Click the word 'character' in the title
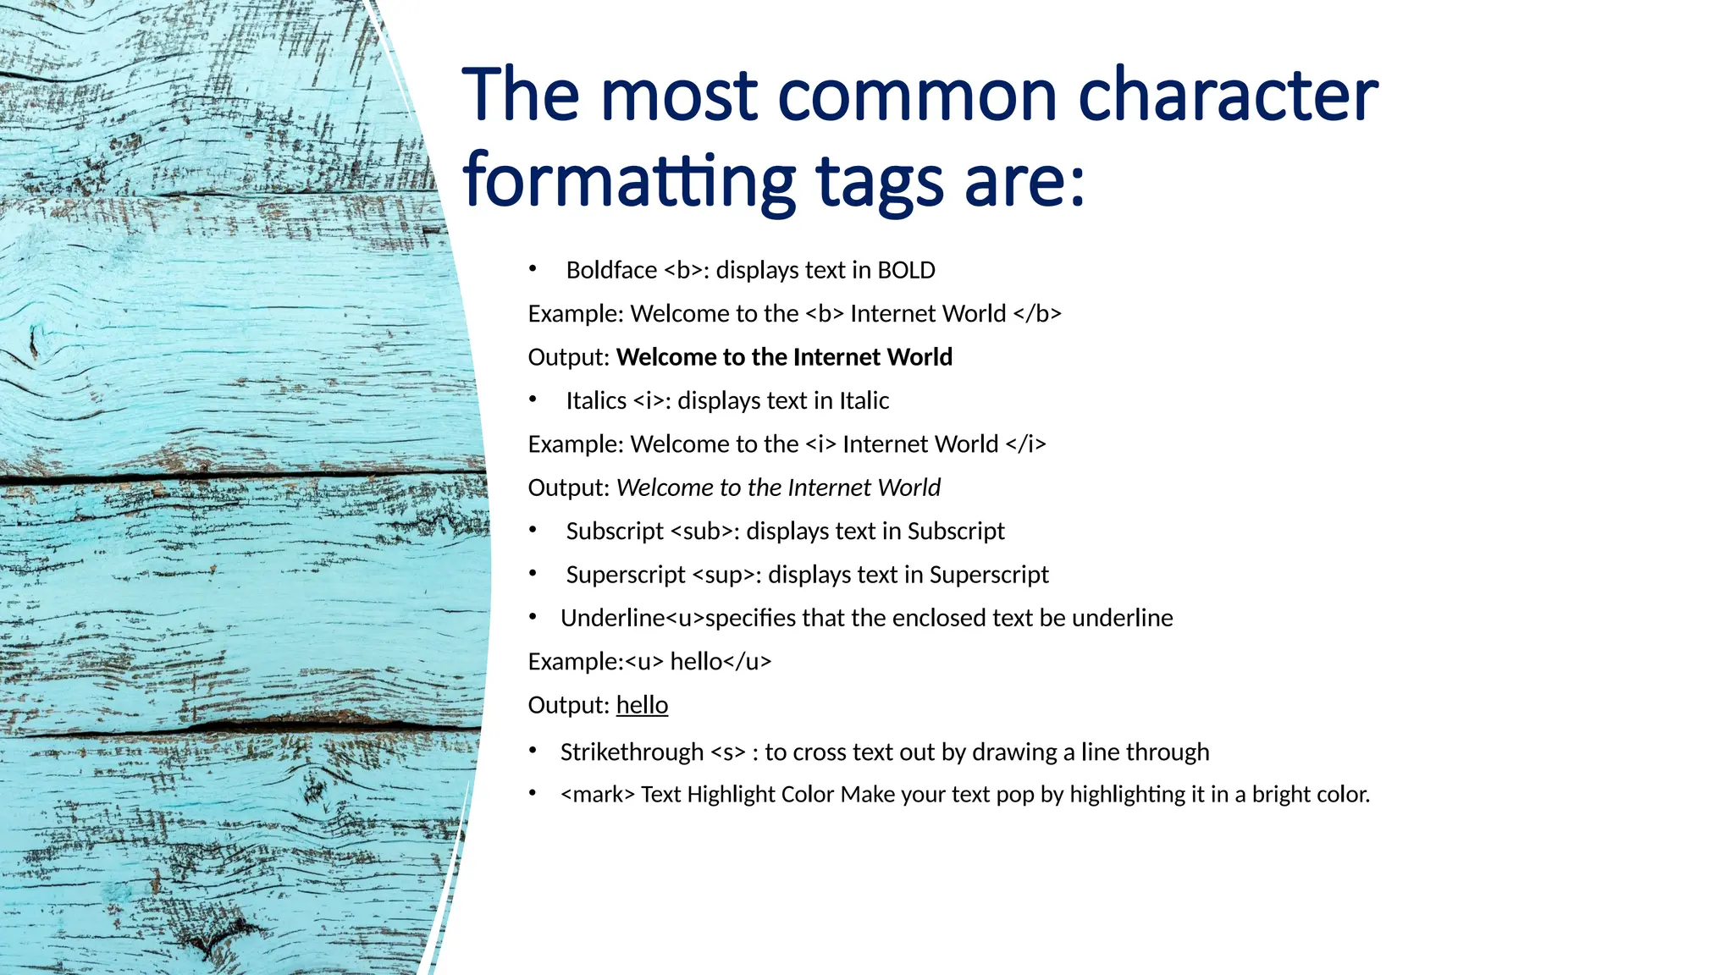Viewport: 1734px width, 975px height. tap(1228, 95)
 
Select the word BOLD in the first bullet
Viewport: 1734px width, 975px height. tap(906, 270)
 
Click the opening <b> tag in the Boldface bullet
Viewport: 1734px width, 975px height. tap(683, 270)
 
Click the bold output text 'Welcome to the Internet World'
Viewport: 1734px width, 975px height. tap(784, 357)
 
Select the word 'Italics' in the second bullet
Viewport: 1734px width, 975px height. tap(596, 400)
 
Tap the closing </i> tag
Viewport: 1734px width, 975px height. tap(1026, 444)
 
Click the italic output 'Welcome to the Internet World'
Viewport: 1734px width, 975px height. tap(778, 487)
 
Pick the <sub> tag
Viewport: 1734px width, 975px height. tap(703, 532)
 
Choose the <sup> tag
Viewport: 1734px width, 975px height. tap(725, 575)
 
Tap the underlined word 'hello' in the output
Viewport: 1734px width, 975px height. tap(642, 705)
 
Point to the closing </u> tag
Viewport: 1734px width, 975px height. tap(748, 662)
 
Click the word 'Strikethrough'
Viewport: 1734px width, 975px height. tap(632, 752)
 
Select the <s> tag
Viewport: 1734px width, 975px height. tap(728, 752)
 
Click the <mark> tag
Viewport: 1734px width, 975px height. tap(597, 795)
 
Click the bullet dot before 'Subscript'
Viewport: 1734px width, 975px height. tap(533, 531)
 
